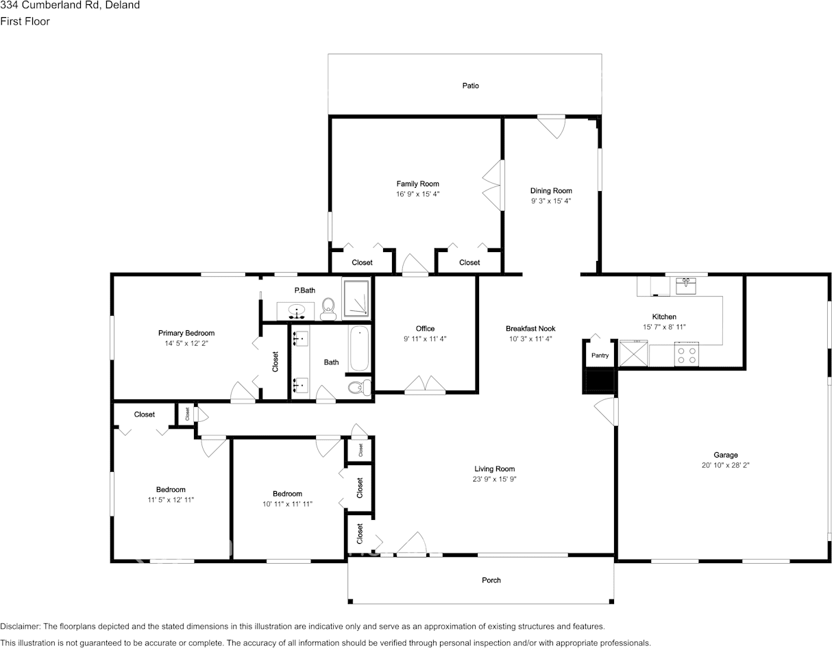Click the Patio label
470,86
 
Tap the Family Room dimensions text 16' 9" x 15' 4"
417,195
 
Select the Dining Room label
551,191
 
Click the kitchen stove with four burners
686,355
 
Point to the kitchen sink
686,285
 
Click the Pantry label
600,356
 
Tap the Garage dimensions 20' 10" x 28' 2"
725,465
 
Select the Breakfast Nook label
530,329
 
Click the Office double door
425,385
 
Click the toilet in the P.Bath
328,309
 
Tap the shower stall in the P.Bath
356,300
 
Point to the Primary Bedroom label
186,334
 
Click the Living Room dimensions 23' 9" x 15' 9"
494,479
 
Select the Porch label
491,580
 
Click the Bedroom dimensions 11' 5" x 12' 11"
171,500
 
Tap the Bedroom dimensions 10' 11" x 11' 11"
287,504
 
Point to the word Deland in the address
123,5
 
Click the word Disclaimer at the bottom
20,626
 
